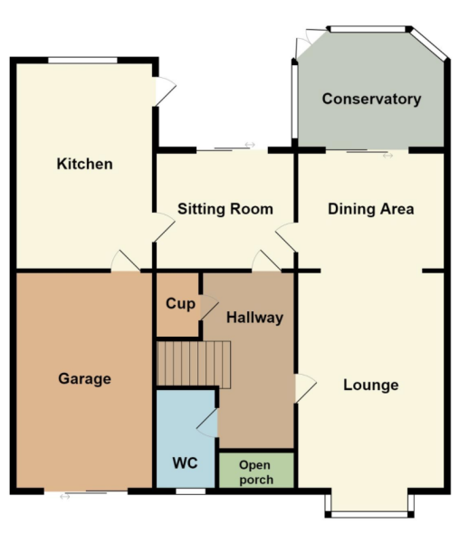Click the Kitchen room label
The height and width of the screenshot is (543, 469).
pos(84,164)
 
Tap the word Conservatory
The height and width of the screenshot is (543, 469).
pos(371,99)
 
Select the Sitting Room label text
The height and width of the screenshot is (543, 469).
pos(225,209)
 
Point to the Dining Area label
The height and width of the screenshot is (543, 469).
pos(370,209)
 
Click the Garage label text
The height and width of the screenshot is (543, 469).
pos(84,379)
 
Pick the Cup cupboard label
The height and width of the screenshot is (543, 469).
pos(180,304)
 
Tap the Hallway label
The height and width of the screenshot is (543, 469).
pos(254,318)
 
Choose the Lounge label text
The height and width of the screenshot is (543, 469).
pos(370,386)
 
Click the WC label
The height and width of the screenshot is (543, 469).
pos(185,463)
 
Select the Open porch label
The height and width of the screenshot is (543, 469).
pos(255,472)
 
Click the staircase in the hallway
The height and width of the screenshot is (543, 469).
pos(194,365)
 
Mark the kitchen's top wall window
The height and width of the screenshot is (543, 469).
pos(82,61)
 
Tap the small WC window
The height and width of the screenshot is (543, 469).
pos(190,491)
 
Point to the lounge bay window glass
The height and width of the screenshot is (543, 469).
pos(369,514)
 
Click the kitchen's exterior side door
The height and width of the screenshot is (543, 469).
pos(165,91)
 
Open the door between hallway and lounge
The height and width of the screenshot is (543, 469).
pos(305,388)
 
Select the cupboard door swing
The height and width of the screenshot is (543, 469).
pos(209,307)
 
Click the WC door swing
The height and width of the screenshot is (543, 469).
pos(207,424)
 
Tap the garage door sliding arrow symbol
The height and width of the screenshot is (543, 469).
pos(65,497)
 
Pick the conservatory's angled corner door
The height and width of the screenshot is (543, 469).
pos(304,44)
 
